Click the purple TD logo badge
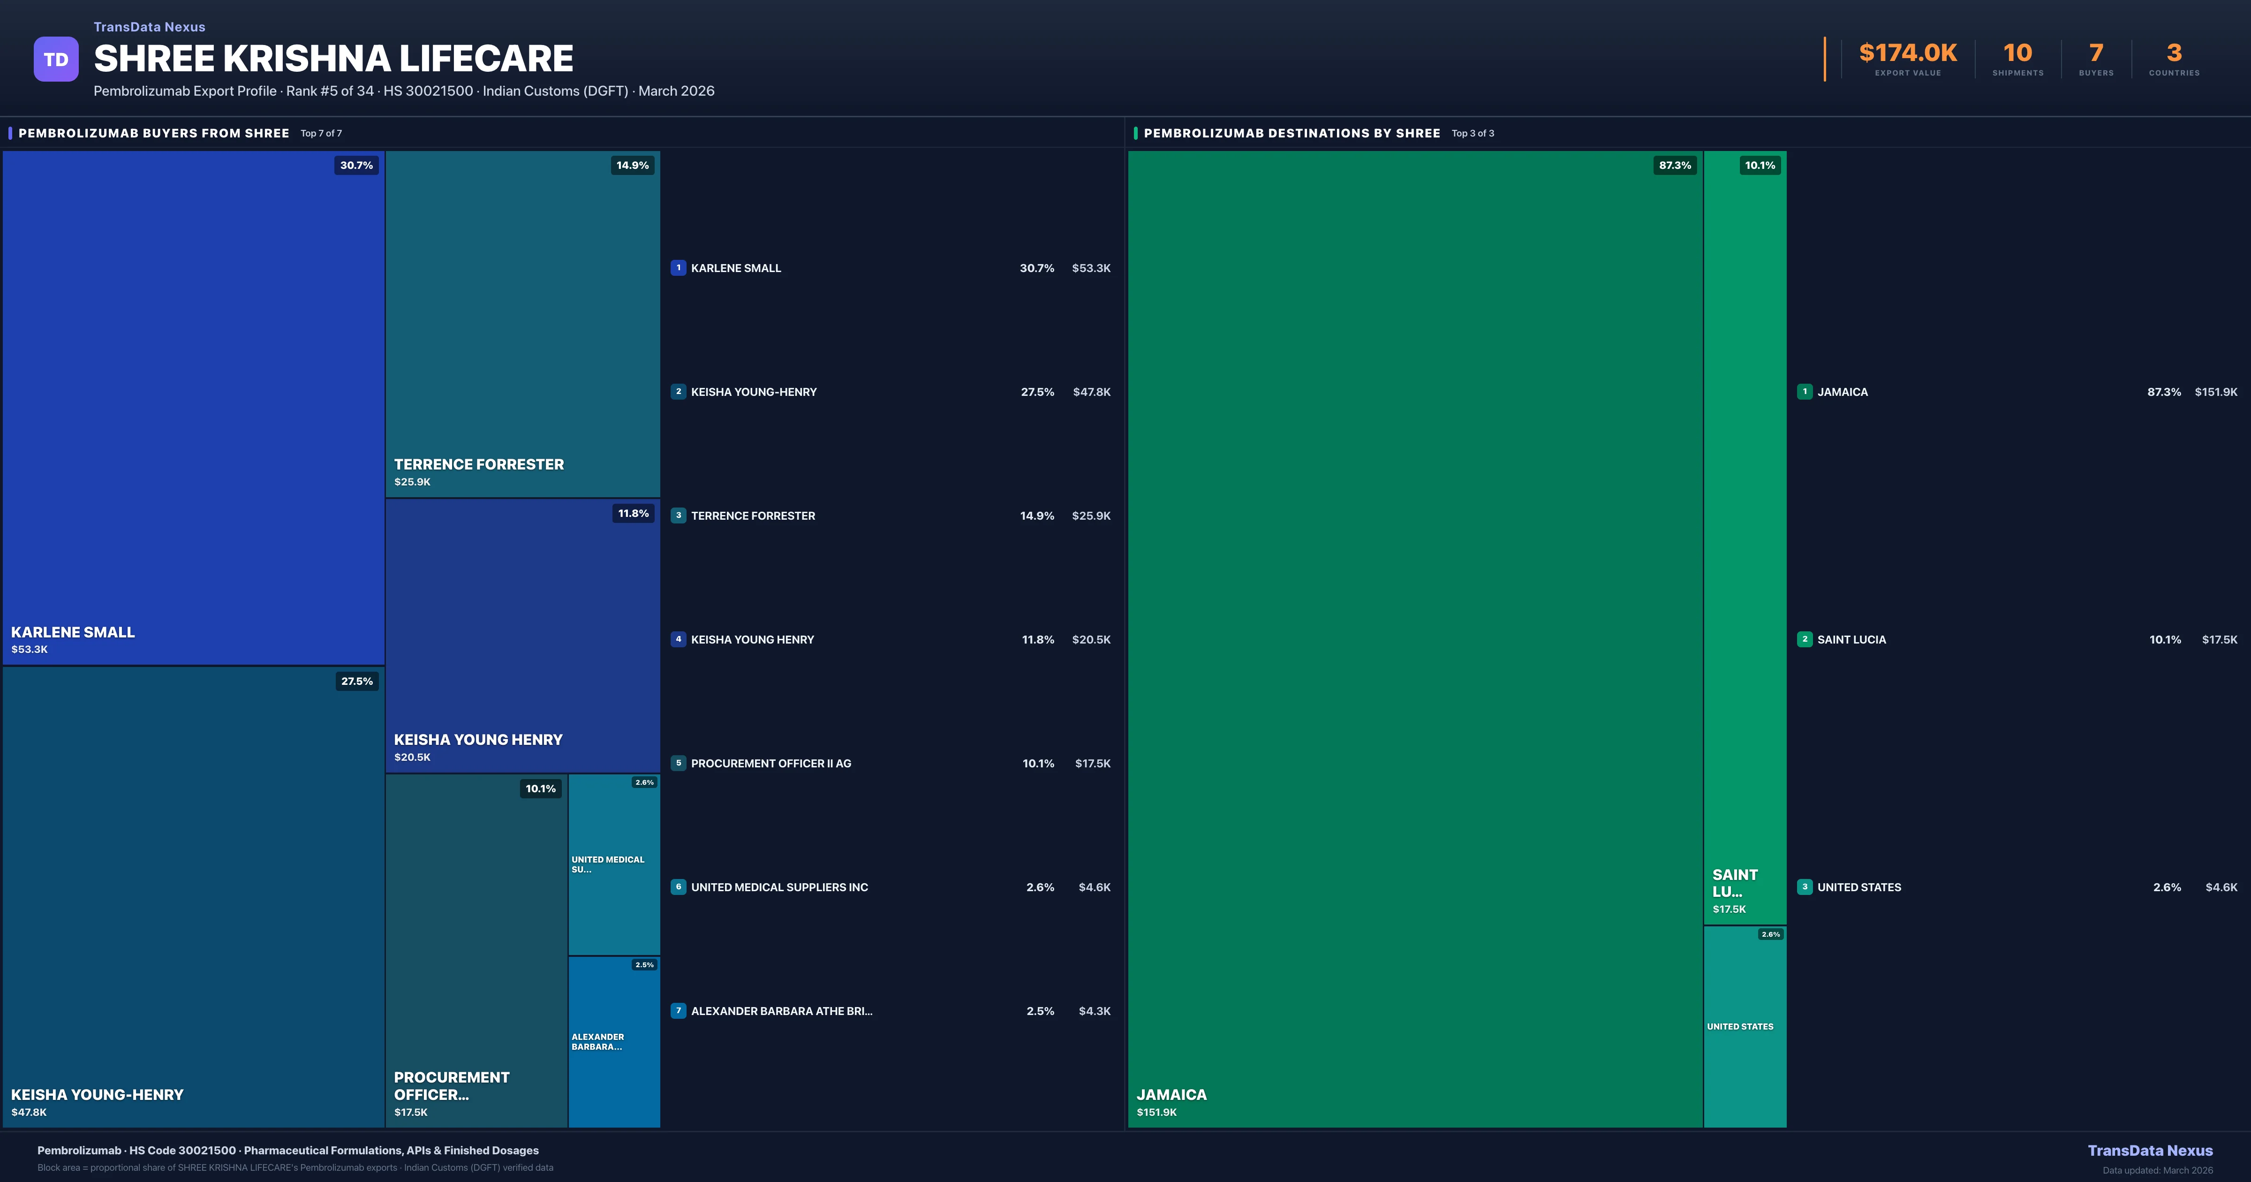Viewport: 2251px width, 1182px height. pyautogui.click(x=56, y=60)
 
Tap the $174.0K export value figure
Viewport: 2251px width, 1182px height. pyautogui.click(x=1908, y=53)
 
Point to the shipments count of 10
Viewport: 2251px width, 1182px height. pyautogui.click(x=2017, y=53)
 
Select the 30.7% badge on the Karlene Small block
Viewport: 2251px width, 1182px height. pyautogui.click(x=356, y=165)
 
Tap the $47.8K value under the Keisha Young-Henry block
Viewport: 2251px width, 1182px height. pyautogui.click(x=29, y=1112)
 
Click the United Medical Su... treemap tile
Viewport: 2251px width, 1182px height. pyautogui.click(x=613, y=864)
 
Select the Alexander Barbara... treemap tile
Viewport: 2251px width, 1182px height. pyautogui.click(x=613, y=1041)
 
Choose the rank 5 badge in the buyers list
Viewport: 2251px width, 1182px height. pyautogui.click(x=678, y=763)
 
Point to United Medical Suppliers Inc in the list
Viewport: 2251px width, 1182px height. pyautogui.click(x=779, y=887)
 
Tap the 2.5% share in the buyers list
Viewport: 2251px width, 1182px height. pyautogui.click(x=1040, y=1012)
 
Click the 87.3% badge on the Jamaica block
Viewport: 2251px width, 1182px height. pyautogui.click(x=1674, y=165)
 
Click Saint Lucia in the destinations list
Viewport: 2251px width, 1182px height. pyautogui.click(x=1851, y=640)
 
